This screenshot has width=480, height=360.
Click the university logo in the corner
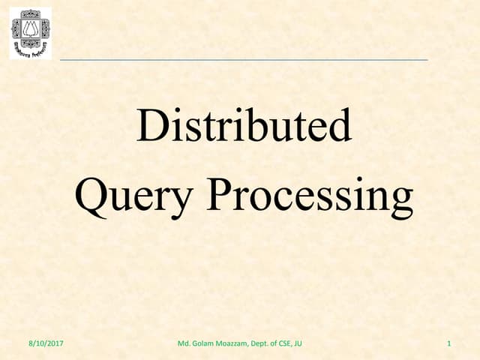31,33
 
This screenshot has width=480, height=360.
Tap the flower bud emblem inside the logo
31,28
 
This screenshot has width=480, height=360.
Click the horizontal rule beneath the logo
244,59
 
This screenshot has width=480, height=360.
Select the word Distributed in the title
244,126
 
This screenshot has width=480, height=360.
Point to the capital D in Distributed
150,126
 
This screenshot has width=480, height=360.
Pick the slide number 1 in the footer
448,344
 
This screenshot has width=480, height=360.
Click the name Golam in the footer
203,344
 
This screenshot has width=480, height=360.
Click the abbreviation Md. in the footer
184,344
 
